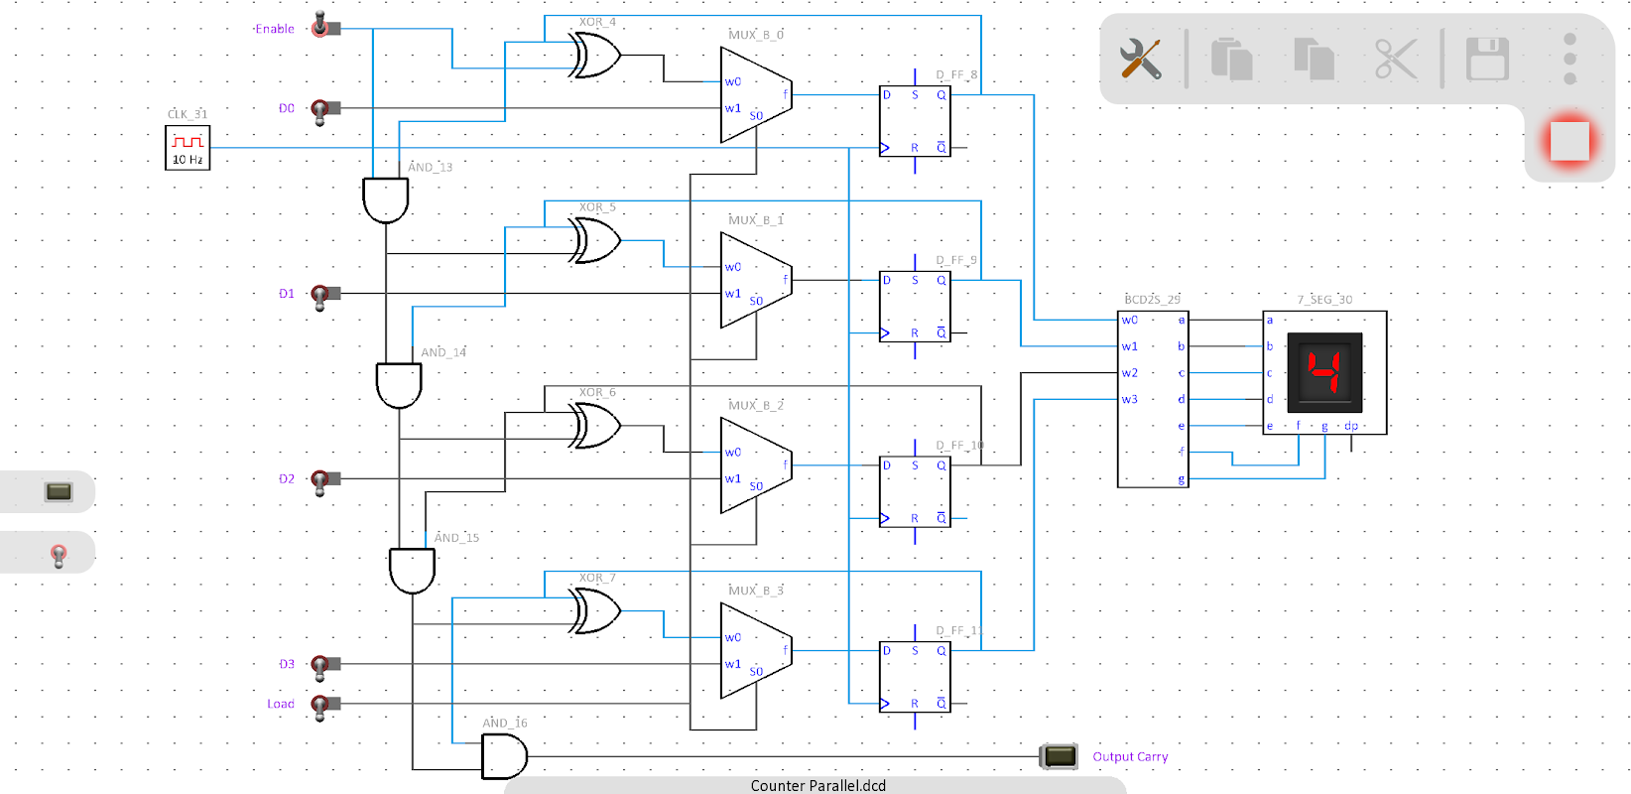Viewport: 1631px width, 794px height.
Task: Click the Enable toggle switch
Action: (321, 26)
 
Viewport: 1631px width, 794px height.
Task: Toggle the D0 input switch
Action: (321, 109)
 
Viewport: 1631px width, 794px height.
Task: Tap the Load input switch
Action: (321, 705)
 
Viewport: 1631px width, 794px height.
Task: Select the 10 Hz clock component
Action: (188, 148)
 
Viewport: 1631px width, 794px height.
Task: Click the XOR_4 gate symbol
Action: (595, 56)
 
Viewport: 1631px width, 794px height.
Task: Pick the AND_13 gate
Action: (386, 199)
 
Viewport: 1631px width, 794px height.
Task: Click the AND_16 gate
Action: (504, 757)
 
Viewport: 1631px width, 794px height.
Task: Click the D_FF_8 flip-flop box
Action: (915, 121)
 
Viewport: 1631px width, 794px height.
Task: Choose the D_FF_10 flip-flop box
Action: (915, 491)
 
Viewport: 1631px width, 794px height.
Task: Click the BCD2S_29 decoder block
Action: (1153, 400)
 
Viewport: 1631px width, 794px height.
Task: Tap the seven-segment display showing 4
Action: (1324, 372)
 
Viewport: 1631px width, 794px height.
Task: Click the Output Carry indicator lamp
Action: (1059, 756)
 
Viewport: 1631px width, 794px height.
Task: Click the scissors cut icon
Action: (1395, 60)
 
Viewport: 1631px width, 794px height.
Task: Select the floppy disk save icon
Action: (1487, 60)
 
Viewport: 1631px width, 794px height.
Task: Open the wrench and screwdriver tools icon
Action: (1141, 60)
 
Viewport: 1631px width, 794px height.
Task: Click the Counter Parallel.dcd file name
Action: (817, 785)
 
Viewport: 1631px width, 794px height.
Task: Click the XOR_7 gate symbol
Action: (595, 611)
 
